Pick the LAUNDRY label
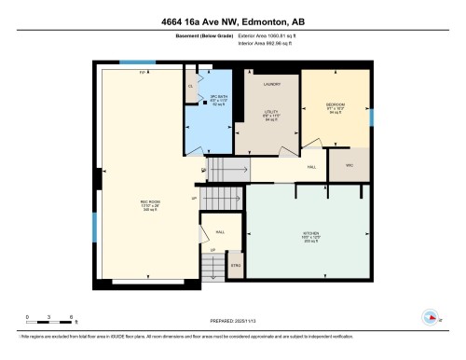(271, 85)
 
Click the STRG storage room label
(236, 266)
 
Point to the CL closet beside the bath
(190, 86)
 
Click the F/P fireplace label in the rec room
(143, 72)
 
